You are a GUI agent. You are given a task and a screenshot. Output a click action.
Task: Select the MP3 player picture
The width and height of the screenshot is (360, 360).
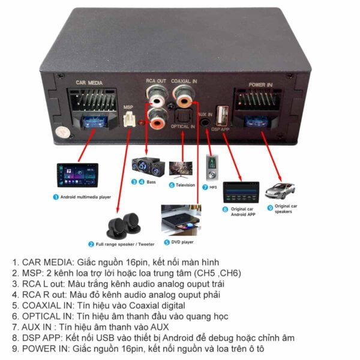pyautogui.click(x=211, y=167)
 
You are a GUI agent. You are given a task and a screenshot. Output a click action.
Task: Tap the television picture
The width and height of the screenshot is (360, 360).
pyautogui.click(x=182, y=169)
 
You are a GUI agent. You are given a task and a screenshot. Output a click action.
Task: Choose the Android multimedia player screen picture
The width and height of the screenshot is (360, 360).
pyautogui.click(x=77, y=175)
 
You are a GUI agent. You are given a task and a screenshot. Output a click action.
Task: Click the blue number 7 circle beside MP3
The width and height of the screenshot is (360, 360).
pyautogui.click(x=205, y=188)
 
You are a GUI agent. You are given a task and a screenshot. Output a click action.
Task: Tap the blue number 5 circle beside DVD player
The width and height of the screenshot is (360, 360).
pyautogui.click(x=167, y=242)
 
